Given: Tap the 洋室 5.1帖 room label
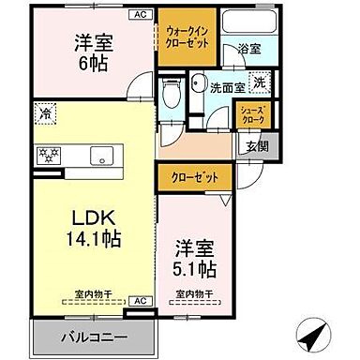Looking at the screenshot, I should pos(197,260).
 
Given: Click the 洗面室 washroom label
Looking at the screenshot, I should pos(227,88).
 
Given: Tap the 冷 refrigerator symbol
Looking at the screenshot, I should pos(45,115).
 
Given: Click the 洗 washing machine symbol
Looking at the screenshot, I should pos(260,84).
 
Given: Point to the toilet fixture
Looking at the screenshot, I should pos(170,94).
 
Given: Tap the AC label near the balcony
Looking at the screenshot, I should pos(139,300).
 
